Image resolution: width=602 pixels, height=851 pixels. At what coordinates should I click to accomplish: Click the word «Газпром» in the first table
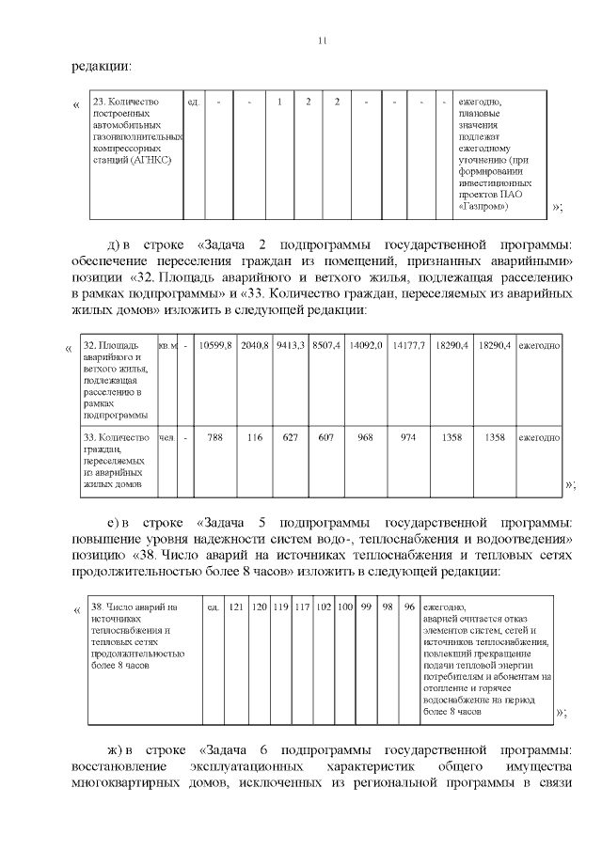[x=482, y=205]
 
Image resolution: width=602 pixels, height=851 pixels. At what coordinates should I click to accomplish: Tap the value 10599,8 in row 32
[x=216, y=346]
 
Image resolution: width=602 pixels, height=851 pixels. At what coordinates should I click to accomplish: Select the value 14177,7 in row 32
[x=409, y=346]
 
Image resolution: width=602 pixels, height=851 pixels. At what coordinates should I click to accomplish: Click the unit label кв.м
[x=168, y=346]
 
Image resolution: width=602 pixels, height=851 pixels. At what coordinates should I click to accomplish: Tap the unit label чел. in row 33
[x=167, y=437]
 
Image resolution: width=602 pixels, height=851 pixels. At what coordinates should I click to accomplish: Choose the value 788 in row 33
[x=215, y=437]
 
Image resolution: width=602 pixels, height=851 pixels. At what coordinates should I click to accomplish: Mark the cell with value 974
[x=408, y=437]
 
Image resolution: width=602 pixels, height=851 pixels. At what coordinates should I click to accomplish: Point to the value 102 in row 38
[x=324, y=607]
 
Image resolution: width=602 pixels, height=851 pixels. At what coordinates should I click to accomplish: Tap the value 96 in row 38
[x=409, y=607]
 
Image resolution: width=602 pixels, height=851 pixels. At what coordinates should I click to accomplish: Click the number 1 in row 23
[x=279, y=102]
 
